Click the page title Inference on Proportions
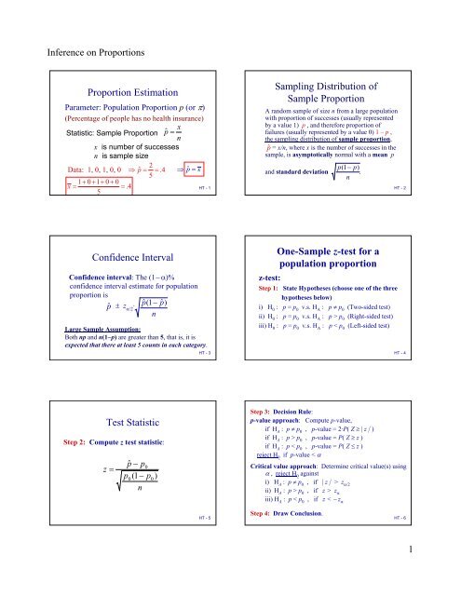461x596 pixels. click(79, 43)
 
